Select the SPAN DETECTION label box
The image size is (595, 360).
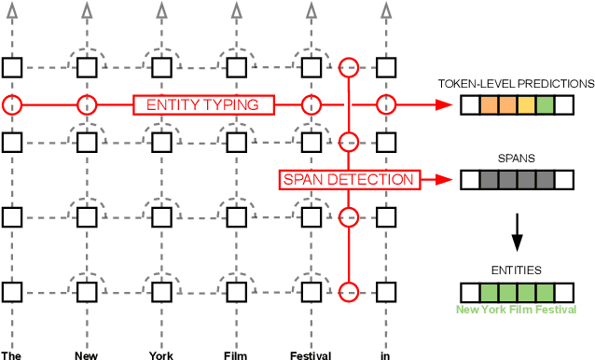348,179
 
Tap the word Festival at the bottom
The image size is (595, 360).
311,355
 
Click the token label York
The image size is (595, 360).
161,355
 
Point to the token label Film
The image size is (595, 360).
235,355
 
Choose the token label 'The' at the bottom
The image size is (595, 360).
11,355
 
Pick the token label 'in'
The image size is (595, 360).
384,355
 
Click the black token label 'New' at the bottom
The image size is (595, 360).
86,355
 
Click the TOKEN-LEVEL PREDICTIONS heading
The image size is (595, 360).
516,84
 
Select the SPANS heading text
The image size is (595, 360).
516,159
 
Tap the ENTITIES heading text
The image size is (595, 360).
516,270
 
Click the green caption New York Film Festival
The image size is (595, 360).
516,310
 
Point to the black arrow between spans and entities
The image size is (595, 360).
516,228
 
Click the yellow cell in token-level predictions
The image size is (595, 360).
526,105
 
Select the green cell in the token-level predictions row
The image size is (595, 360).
545,105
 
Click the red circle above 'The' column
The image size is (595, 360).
11,104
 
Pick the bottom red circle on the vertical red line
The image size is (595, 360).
348,291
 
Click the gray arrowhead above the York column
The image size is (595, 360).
161,10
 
